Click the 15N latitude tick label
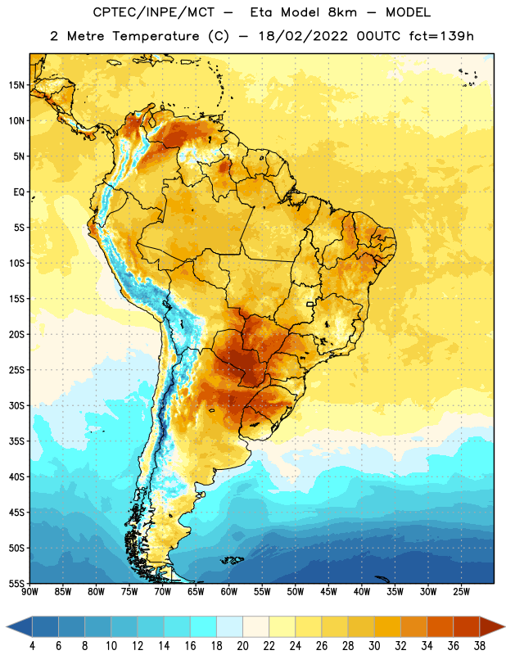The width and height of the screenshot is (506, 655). pos(16,85)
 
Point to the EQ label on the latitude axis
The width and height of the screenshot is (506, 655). pos(19,192)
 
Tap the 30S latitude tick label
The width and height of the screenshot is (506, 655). pos(16,405)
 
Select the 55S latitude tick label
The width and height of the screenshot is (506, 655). pos(16,584)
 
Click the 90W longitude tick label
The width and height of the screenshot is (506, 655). pos(29,592)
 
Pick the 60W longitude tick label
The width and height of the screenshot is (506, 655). pos(229,592)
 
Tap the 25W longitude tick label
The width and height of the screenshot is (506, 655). pos(461,592)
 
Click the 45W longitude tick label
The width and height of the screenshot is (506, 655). pos(328,592)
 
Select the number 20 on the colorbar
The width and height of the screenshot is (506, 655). pos(242,646)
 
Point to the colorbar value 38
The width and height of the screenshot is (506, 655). pos(479,646)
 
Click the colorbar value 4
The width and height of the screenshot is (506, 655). pos(32,646)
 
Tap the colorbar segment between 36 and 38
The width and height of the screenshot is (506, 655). pos(467,626)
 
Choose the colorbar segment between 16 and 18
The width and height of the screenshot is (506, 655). pos(203,626)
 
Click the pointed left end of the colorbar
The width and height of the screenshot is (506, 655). pos(7,626)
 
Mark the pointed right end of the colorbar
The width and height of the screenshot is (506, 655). pos(504,626)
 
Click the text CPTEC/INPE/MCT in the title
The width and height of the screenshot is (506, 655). pos(153,13)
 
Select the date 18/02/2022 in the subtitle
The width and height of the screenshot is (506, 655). pos(303,36)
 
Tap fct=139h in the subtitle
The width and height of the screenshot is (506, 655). pos(441,36)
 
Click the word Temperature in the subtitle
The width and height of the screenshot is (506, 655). pos(156,37)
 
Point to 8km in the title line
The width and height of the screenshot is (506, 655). pos(342,13)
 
